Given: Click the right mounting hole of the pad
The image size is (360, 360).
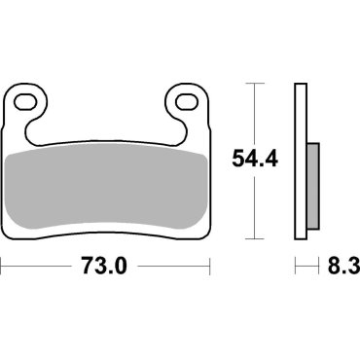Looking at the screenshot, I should point(183,100).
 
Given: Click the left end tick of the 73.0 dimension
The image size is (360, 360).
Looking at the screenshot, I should point(2,265).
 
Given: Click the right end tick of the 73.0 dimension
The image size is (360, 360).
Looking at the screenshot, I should point(211,265).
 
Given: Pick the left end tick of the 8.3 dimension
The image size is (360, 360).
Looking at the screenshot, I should point(295,265).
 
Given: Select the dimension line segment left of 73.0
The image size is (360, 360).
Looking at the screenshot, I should point(39,265).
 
